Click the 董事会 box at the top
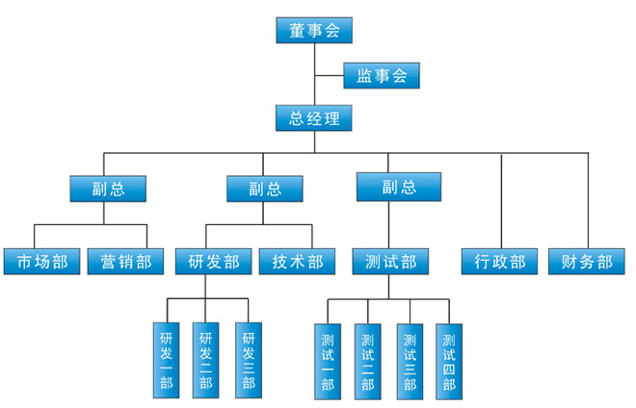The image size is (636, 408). tap(314, 30)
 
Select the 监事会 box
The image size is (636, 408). tap(382, 75)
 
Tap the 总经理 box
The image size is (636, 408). tap(314, 118)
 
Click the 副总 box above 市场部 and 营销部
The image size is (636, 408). tap(110, 188)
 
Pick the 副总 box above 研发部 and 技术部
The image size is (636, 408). tap(266, 188)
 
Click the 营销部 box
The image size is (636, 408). tap(125, 261)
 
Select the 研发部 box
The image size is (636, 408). tap(213, 261)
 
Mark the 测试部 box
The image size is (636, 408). tap(391, 261)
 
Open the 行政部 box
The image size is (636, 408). tap(500, 261)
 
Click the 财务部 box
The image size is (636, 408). tap(587, 261)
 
